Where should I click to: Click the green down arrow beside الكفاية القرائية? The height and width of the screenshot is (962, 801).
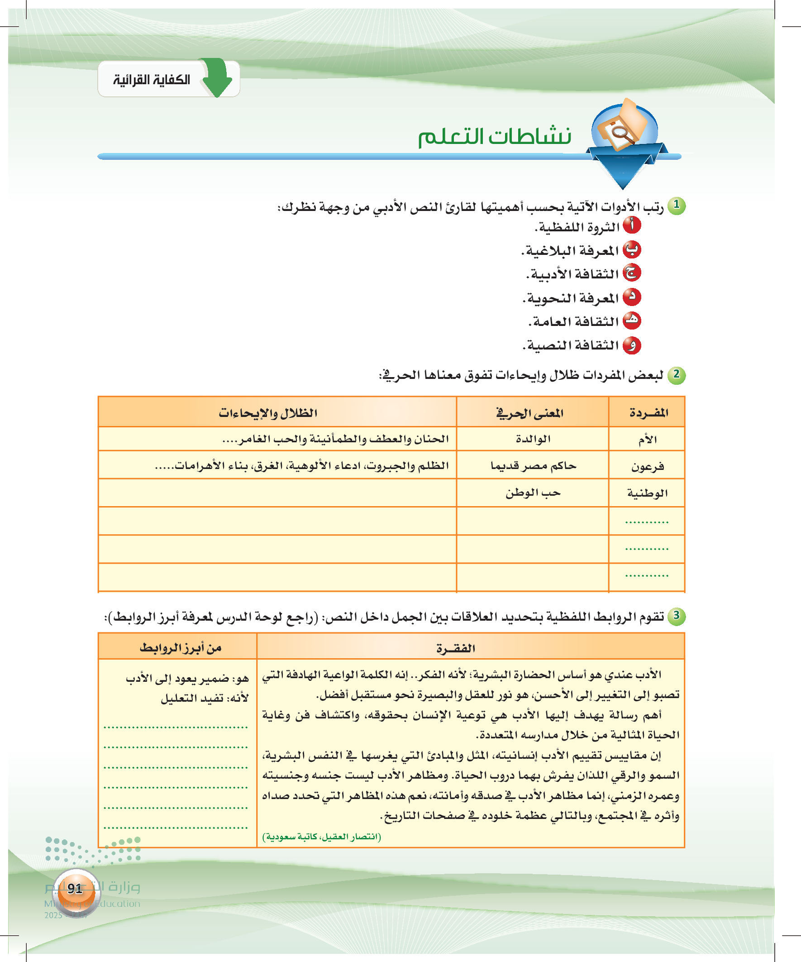click(x=217, y=77)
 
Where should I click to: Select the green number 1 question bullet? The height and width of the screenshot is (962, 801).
click(x=676, y=206)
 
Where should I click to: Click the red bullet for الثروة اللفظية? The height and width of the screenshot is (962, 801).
click(x=632, y=225)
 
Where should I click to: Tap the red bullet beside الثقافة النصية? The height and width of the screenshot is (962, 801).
click(x=632, y=345)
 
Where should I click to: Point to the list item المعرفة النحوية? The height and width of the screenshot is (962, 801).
click(x=572, y=299)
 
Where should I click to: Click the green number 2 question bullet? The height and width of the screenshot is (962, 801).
click(x=676, y=375)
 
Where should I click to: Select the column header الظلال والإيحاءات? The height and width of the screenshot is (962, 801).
click(x=268, y=413)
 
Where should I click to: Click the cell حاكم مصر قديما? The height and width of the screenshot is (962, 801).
click(x=533, y=466)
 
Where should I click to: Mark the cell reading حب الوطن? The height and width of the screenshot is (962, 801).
click(x=533, y=493)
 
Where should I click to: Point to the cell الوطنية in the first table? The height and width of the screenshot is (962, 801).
click(x=647, y=493)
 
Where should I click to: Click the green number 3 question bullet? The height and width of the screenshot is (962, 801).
click(x=676, y=616)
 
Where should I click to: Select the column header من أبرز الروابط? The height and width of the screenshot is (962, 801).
click(x=181, y=648)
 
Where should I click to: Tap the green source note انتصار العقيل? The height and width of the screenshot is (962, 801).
click(x=321, y=837)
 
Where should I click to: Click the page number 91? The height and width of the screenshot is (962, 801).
click(x=75, y=889)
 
